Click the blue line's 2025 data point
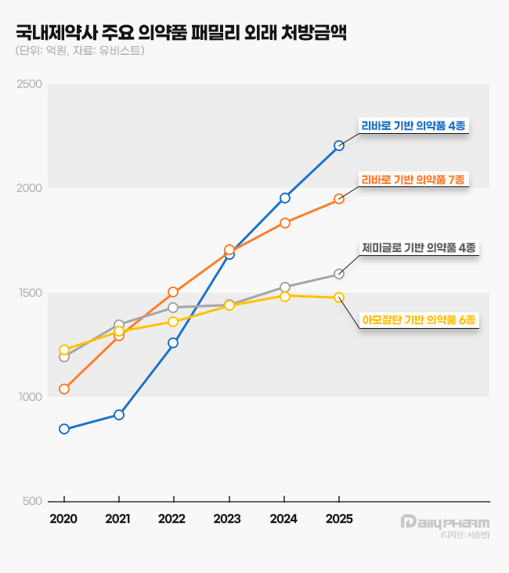tap(338, 146)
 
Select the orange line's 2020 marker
tap(64, 389)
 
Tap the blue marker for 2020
tap(64, 429)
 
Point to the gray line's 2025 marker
tap(338, 274)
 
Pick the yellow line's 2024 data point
tap(285, 296)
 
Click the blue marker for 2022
tap(173, 343)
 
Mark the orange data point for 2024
tap(285, 223)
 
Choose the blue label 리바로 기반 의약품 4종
tap(413, 125)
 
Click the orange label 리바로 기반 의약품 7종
tap(413, 179)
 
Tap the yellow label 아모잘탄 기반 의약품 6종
tap(419, 319)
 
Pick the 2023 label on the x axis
tap(229, 519)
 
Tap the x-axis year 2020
tap(64, 519)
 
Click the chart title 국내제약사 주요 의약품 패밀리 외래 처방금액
tap(181, 33)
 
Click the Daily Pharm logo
tap(444, 522)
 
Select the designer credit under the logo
tap(464, 535)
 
